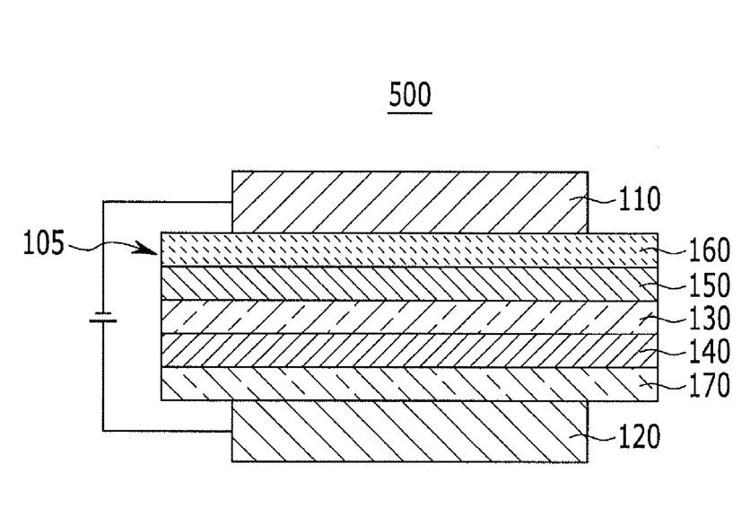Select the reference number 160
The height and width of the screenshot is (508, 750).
click(x=709, y=250)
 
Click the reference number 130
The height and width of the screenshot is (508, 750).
click(x=709, y=320)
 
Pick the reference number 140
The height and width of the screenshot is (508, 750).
click(x=709, y=353)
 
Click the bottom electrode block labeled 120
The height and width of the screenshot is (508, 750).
click(x=409, y=432)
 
